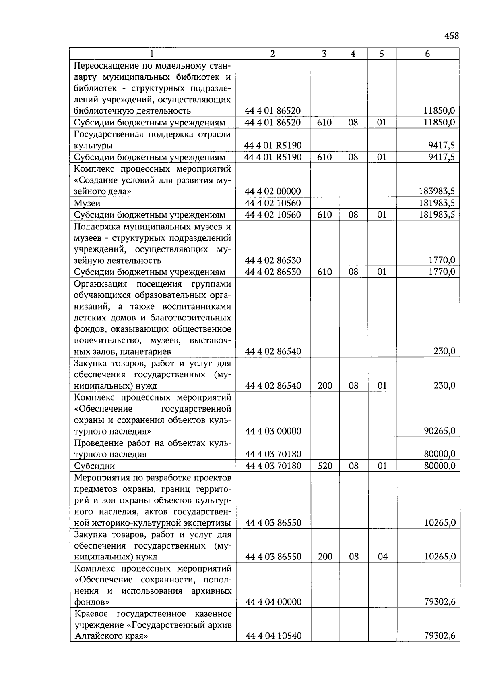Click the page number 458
click(451, 36)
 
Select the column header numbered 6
click(427, 54)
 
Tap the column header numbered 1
click(152, 54)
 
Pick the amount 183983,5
click(437, 191)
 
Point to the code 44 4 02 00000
click(272, 191)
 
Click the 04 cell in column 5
click(382, 557)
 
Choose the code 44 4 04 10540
click(273, 636)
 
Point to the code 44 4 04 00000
click(273, 602)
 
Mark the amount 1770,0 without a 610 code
click(442, 260)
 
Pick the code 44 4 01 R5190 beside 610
click(272, 157)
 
